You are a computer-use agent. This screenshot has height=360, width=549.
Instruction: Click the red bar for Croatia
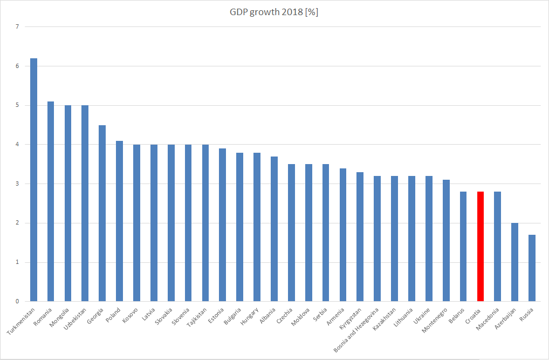click(481, 246)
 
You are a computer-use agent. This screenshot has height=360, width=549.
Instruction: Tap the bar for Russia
click(532, 268)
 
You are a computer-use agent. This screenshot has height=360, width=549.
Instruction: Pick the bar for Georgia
click(102, 213)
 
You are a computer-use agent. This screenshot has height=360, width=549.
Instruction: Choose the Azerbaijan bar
click(515, 262)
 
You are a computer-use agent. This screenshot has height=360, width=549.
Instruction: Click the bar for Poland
click(119, 221)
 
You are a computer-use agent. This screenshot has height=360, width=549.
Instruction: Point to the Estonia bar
click(223, 225)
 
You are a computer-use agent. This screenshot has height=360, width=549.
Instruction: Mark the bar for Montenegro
click(446, 240)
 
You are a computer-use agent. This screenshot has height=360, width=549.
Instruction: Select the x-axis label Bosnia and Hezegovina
click(358, 329)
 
